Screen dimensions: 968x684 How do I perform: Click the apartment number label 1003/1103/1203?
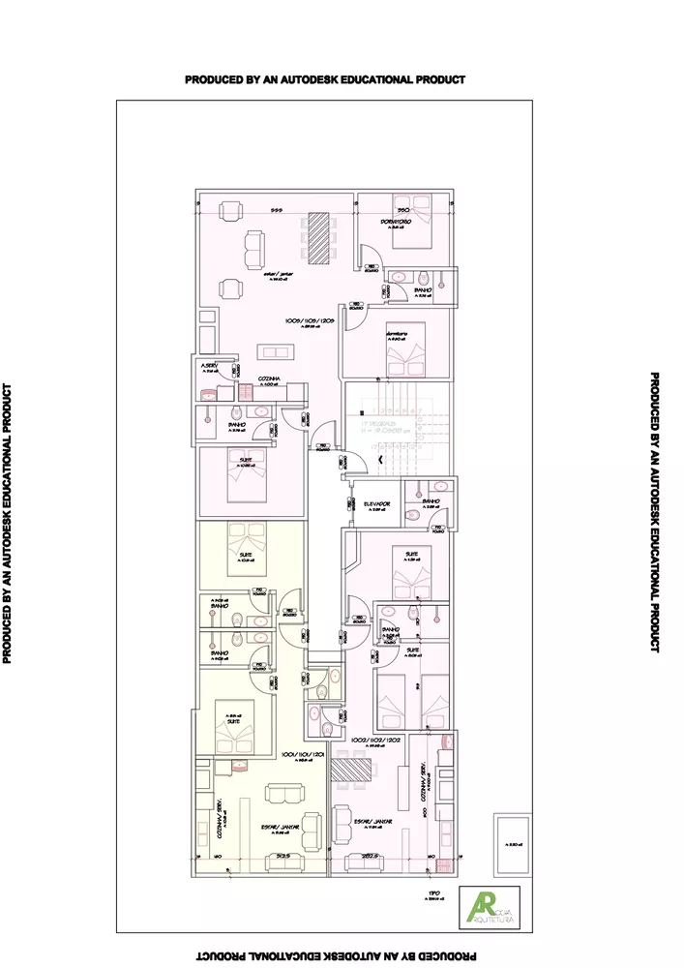[x=310, y=320]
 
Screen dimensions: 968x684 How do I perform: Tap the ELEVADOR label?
[x=376, y=504]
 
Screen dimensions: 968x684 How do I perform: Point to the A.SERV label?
[x=211, y=366]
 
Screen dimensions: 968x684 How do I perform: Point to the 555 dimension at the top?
[x=276, y=209]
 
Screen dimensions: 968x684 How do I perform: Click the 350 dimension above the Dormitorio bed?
[x=405, y=209]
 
